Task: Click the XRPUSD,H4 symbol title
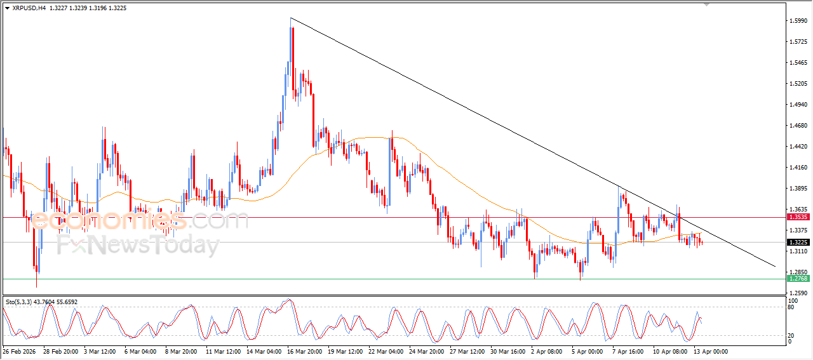[x=29, y=8]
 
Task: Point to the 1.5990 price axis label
[x=798, y=21]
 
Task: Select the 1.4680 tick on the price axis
[x=798, y=126]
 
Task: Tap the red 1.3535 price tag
[x=798, y=217]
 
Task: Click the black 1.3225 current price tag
[x=798, y=243]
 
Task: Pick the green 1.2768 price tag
[x=798, y=279]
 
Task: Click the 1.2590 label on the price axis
[x=798, y=293]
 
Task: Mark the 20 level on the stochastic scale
[x=792, y=335]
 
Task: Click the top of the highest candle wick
[x=290, y=18]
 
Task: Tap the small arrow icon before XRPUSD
[x=7, y=8]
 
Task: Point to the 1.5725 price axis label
[x=798, y=42]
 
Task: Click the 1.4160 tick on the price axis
[x=798, y=168]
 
